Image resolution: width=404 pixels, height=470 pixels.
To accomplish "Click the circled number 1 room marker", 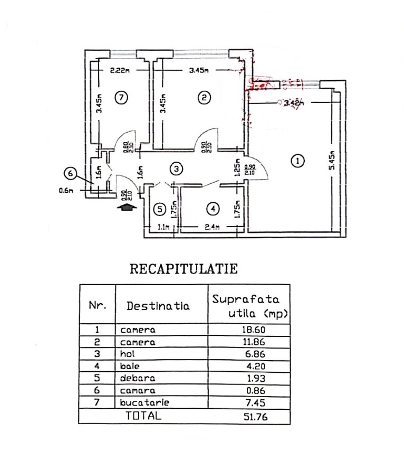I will pyautogui.click(x=299, y=161).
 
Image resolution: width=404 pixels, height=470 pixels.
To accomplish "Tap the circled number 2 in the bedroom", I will pyautogui.click(x=204, y=97).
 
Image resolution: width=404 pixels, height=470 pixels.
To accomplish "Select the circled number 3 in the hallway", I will pyautogui.click(x=177, y=169).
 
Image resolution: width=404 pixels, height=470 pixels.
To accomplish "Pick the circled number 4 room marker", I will pyautogui.click(x=213, y=209).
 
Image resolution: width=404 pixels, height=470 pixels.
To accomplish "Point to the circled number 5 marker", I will pyautogui.click(x=160, y=209).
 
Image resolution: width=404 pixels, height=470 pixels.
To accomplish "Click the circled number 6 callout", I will pyautogui.click(x=69, y=172).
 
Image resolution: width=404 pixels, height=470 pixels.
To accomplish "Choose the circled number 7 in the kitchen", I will pyautogui.click(x=121, y=97).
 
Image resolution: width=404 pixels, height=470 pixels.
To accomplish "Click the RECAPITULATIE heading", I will pyautogui.click(x=184, y=269).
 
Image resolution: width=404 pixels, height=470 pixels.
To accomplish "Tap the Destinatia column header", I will pyautogui.click(x=158, y=306).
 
